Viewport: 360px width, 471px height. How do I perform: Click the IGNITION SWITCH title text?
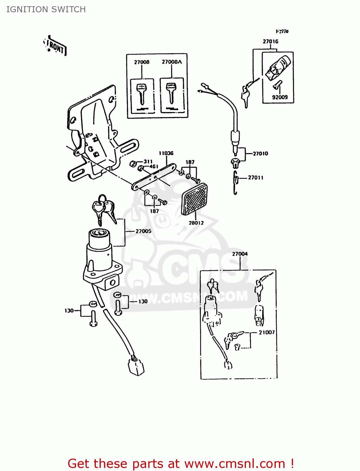coord(46,9)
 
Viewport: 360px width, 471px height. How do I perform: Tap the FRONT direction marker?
coord(55,47)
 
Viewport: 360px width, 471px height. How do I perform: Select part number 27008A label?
coord(172,62)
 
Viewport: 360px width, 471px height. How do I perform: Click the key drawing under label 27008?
coord(142,94)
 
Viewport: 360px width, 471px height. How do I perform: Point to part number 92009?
coord(280,97)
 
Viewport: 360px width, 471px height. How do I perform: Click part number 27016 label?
coord(270,41)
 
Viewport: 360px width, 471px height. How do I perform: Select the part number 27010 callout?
coord(260,154)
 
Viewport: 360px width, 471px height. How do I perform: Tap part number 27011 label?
coord(255,178)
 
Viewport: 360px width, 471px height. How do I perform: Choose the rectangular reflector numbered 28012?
coord(194,199)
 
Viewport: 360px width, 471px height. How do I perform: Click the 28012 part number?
coord(196,223)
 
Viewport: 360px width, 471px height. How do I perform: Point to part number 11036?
coord(166,153)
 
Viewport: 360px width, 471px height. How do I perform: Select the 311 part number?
coord(148,162)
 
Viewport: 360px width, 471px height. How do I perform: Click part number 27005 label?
coord(143,231)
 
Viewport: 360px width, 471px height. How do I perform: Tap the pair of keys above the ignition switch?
coord(104,208)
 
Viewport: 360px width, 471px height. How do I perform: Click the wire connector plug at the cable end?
coord(136,366)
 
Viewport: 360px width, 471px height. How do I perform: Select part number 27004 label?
coord(240,254)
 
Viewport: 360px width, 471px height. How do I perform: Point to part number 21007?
coord(267,332)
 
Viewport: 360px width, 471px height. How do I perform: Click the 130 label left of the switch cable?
coord(69,311)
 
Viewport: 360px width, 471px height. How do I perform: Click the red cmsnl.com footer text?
coord(181,463)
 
